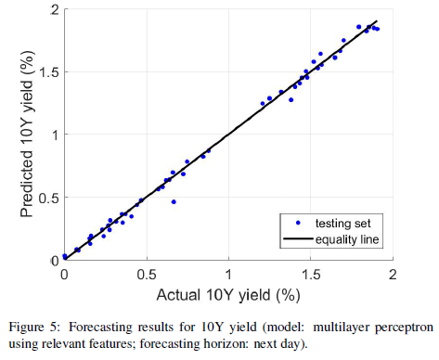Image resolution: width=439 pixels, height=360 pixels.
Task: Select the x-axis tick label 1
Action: click(x=227, y=275)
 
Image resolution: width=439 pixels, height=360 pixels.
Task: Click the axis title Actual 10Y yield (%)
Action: click(x=228, y=295)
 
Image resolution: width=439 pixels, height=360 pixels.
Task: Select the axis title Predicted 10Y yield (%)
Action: click(x=27, y=135)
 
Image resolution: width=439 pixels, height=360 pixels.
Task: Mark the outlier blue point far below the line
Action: click(x=174, y=201)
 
